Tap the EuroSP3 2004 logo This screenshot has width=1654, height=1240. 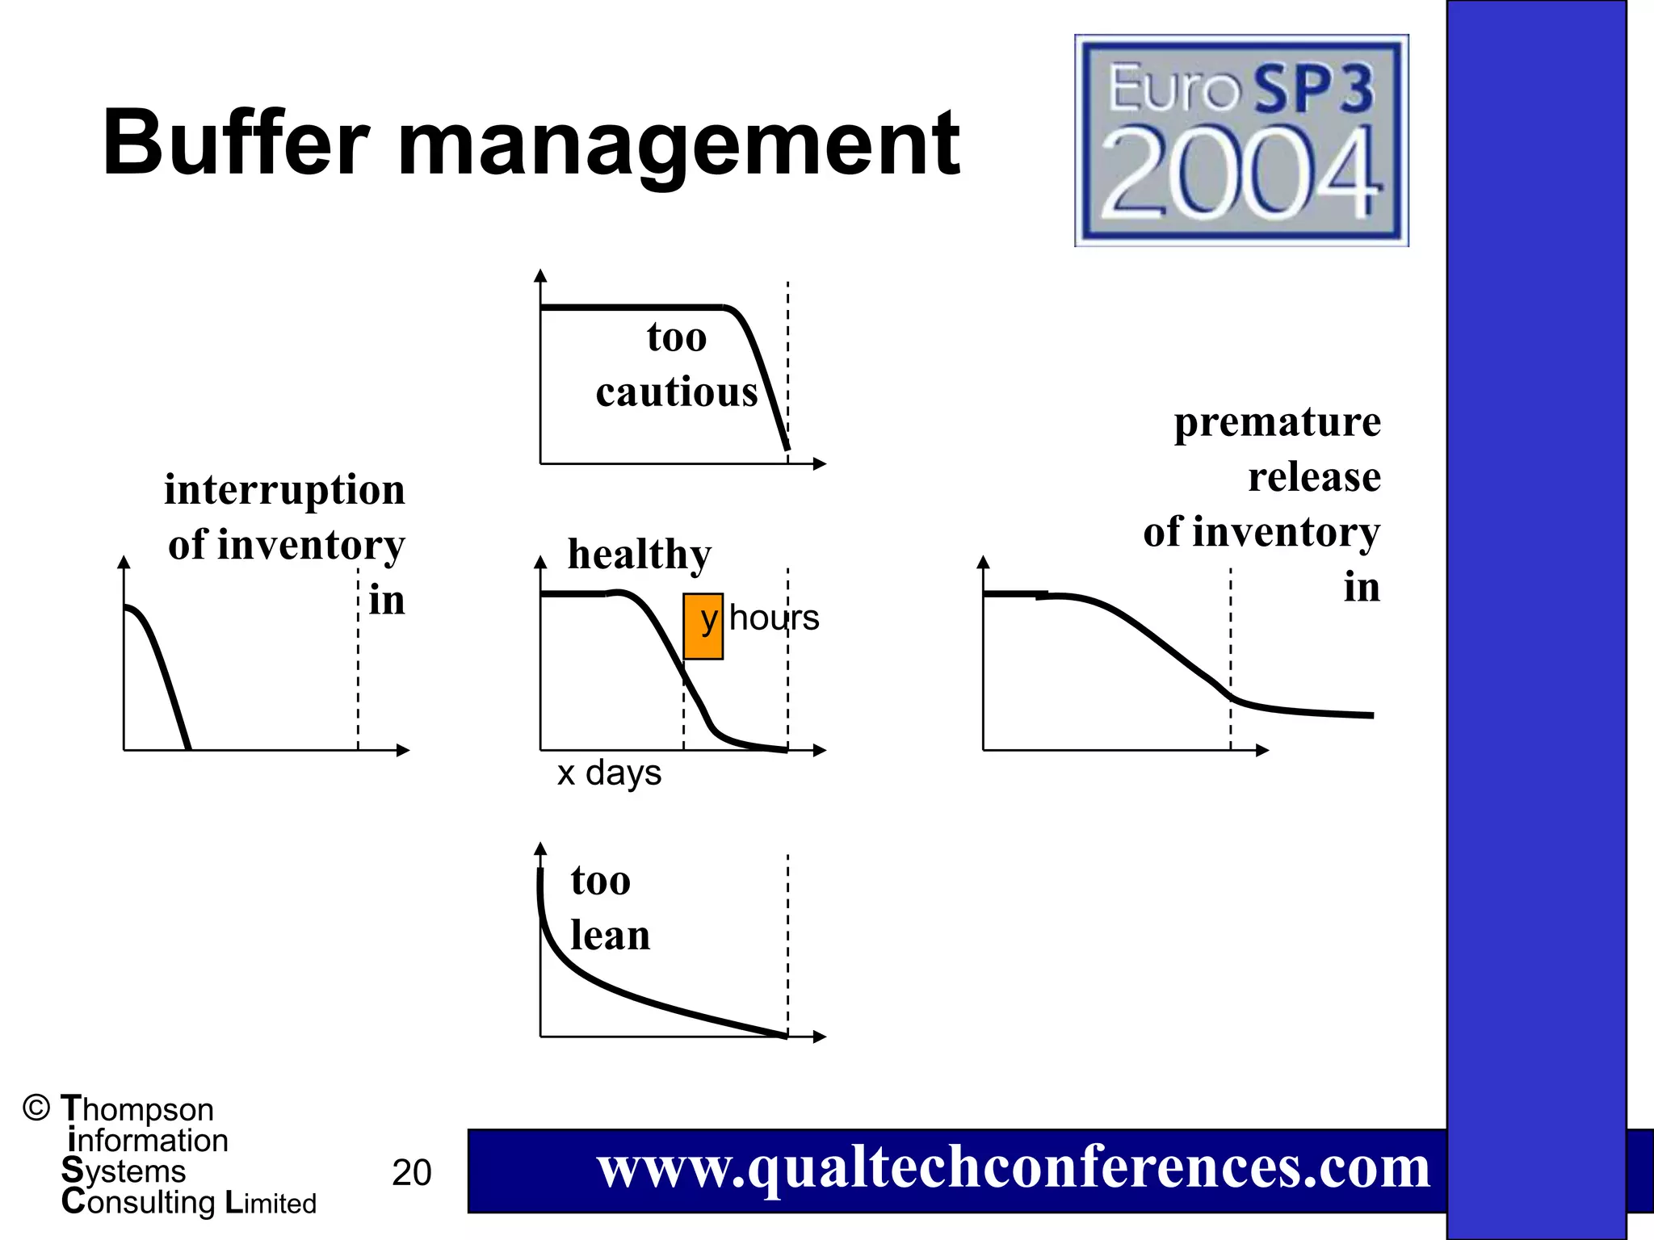click(1241, 140)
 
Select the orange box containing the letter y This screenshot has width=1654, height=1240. click(703, 626)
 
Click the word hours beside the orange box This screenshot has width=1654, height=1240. click(774, 618)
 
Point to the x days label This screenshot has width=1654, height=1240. click(609, 773)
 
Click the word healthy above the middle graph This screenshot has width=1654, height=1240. click(640, 554)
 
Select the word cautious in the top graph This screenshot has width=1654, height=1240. click(677, 392)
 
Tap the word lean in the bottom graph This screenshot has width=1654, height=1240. click(610, 936)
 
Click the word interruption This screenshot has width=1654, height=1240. click(284, 490)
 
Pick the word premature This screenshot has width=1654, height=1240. click(1277, 422)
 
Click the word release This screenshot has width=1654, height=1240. click(1314, 477)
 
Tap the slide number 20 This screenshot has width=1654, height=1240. click(411, 1172)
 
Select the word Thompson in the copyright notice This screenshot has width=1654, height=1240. click(137, 1109)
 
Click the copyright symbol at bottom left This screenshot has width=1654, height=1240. click(36, 1108)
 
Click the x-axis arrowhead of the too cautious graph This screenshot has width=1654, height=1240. click(821, 463)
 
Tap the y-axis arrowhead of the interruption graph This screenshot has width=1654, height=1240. click(124, 562)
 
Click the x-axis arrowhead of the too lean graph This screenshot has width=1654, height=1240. click(821, 1037)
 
